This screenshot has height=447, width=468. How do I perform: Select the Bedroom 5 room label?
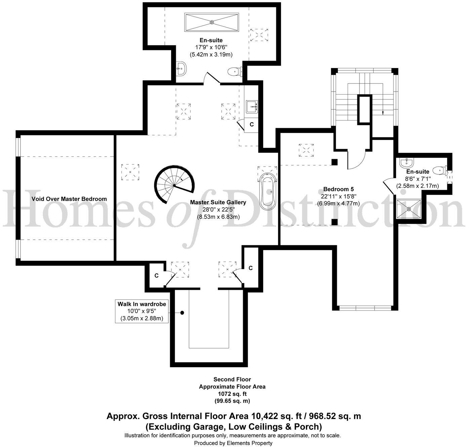[338, 189]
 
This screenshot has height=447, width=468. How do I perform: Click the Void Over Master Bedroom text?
[69, 199]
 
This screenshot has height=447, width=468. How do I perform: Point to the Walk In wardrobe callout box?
[142, 311]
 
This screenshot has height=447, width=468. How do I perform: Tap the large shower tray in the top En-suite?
[211, 22]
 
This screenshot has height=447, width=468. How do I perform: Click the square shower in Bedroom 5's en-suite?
[409, 209]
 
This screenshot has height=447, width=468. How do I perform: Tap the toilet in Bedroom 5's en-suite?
[440, 171]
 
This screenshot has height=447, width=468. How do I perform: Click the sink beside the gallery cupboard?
[252, 106]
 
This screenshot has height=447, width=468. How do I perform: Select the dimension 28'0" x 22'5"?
[218, 210]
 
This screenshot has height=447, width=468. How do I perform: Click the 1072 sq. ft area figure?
[232, 394]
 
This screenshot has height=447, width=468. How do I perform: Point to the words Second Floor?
[232, 379]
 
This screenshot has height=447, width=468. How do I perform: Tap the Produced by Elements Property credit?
[233, 443]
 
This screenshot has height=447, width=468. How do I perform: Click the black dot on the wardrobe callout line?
[182, 313]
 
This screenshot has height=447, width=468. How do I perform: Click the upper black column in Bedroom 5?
[335, 162]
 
